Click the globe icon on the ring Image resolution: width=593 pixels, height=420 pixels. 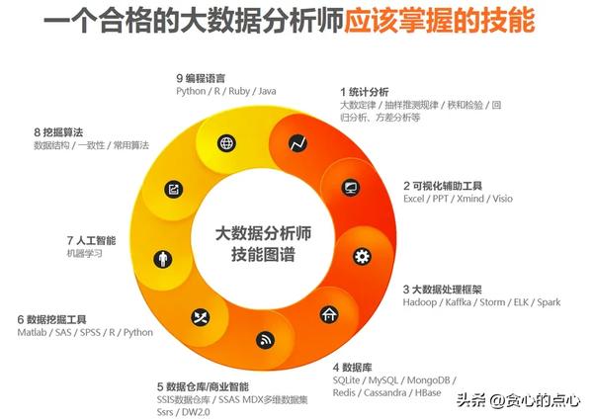[x=227, y=143]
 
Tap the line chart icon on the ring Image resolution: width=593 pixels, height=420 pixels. [x=297, y=143]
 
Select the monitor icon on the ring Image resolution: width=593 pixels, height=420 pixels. [x=351, y=187]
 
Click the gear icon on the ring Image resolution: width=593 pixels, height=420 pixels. [x=362, y=256]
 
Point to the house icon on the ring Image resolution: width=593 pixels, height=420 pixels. [x=329, y=314]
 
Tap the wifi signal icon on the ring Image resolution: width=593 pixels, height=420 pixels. [x=265, y=340]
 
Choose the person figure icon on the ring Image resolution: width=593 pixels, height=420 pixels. [x=163, y=259]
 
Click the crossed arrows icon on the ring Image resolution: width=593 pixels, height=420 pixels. [x=201, y=317]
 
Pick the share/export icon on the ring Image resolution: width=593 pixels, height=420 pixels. [x=174, y=189]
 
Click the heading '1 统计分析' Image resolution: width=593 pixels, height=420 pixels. [x=364, y=92]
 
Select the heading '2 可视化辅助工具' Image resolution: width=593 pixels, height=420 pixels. [x=443, y=186]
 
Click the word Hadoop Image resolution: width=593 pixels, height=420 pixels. [x=420, y=302]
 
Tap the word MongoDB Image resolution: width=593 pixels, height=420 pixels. [x=429, y=379]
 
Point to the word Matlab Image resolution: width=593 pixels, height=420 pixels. [x=33, y=332]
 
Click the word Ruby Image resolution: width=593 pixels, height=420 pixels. [x=239, y=91]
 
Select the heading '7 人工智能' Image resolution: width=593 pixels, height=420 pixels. [x=92, y=240]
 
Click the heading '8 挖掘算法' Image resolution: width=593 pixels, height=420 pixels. [x=58, y=132]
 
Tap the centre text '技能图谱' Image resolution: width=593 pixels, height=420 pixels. [x=263, y=254]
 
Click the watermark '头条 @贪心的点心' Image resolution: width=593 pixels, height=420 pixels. [x=518, y=400]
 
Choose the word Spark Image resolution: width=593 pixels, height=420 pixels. [x=549, y=302]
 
